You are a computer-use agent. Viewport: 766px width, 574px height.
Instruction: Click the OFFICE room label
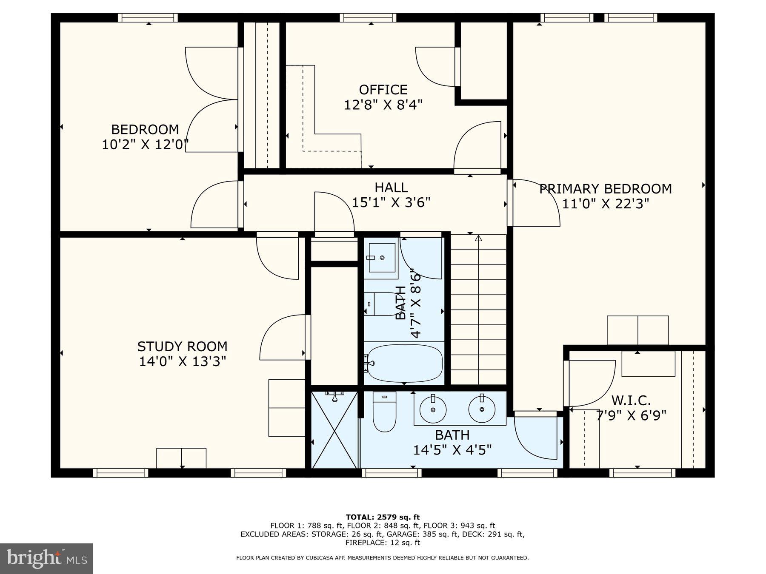[383, 90]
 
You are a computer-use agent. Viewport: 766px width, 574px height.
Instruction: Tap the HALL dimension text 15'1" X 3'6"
[391, 202]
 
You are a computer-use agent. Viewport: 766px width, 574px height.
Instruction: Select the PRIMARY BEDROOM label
[606, 189]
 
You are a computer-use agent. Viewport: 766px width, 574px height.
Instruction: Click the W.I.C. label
[631, 401]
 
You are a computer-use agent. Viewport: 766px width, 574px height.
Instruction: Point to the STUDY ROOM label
[182, 347]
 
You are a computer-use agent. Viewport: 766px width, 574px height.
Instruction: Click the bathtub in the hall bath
[405, 364]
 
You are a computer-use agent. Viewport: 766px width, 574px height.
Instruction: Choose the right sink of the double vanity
[482, 409]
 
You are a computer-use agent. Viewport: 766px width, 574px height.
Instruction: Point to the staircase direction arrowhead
[478, 239]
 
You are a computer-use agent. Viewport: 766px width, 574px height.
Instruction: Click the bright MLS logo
[46, 558]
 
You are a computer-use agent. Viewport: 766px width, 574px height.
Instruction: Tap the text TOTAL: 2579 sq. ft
[383, 517]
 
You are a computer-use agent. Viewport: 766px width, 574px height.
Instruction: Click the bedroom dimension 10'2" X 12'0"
[145, 145]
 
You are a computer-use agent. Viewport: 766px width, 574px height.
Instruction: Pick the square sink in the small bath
[381, 257]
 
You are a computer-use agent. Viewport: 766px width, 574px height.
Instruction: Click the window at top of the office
[368, 18]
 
